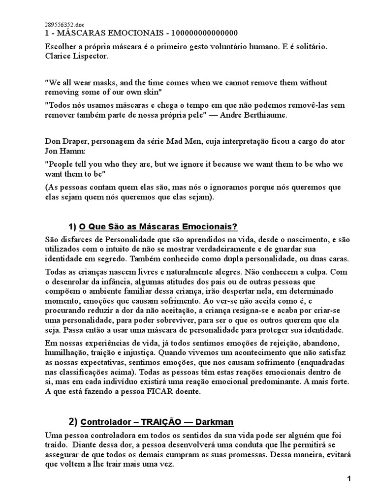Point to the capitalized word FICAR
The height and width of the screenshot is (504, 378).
pyautogui.click(x=157, y=392)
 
